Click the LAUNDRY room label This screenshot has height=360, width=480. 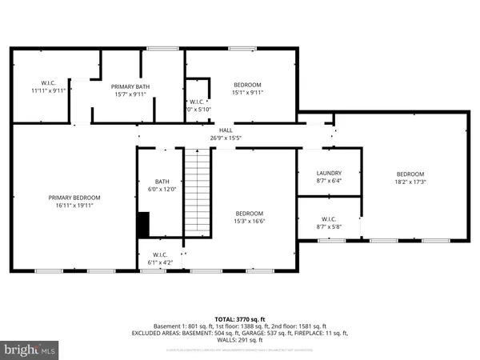pos(329,173)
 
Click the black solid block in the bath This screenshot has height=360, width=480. pos(143,224)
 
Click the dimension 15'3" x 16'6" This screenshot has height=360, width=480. pos(249,222)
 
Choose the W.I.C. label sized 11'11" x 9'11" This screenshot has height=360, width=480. pos(46,83)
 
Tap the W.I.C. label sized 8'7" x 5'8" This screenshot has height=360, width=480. pos(329,218)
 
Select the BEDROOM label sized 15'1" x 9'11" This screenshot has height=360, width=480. pos(248,84)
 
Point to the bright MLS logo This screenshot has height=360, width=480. pos(30,350)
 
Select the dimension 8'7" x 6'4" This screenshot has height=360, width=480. pos(329,181)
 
